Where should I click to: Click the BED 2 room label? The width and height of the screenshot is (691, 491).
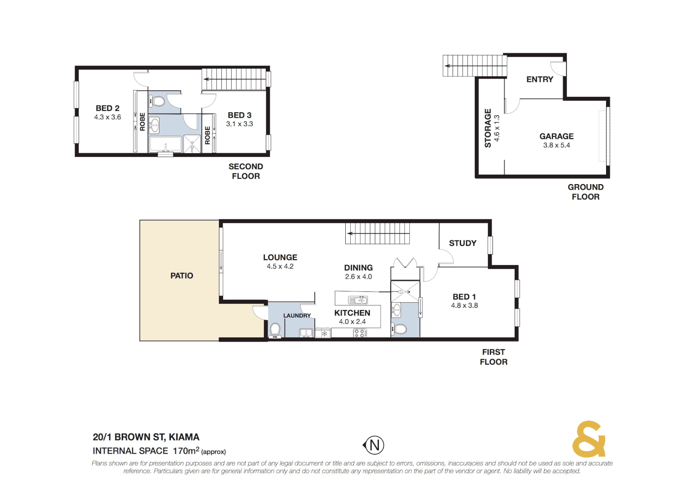pyautogui.click(x=108, y=108)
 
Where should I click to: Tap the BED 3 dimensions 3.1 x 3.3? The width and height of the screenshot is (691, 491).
pyautogui.click(x=239, y=124)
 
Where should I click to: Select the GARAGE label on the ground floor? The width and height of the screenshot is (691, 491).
pyautogui.click(x=556, y=136)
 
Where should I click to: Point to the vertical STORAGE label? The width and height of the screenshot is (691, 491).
pyautogui.click(x=488, y=128)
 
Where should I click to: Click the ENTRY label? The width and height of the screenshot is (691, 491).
pyautogui.click(x=540, y=80)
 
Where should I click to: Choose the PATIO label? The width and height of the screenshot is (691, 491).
pyautogui.click(x=182, y=276)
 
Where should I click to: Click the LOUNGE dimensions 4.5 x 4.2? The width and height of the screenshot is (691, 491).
pyautogui.click(x=280, y=266)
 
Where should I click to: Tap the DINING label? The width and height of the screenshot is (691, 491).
pyautogui.click(x=358, y=268)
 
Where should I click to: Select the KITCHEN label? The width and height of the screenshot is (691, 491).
pyautogui.click(x=352, y=313)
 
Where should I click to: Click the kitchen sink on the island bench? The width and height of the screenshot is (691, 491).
pyautogui.click(x=358, y=300)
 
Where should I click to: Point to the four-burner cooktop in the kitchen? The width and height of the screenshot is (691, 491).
pyautogui.click(x=360, y=333)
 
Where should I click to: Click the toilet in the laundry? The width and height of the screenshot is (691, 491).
pyautogui.click(x=275, y=329)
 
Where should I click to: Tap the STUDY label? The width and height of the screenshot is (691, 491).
pyautogui.click(x=462, y=243)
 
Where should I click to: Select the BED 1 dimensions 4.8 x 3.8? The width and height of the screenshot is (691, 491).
pyautogui.click(x=464, y=306)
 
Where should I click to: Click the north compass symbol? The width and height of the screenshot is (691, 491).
pyautogui.click(x=374, y=445)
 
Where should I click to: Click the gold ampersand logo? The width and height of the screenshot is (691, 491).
pyautogui.click(x=588, y=439)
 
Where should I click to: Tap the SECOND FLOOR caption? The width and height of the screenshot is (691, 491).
pyautogui.click(x=246, y=171)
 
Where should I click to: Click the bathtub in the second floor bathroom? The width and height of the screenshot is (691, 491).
pyautogui.click(x=165, y=145)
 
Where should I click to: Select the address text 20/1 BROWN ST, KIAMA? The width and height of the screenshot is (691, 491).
pyautogui.click(x=146, y=437)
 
